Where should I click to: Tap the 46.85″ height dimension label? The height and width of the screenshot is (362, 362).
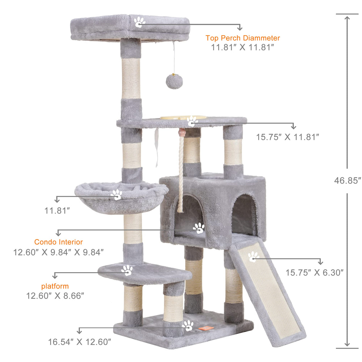(x=347, y=180)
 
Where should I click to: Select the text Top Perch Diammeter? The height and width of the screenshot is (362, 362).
(x=242, y=38)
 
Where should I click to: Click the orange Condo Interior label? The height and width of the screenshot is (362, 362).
(x=58, y=242)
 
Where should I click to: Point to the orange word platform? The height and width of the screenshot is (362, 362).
(x=55, y=286)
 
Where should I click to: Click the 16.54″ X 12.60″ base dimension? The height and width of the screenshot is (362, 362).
(x=80, y=342)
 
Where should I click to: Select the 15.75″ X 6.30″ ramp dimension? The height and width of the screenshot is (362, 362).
(x=315, y=273)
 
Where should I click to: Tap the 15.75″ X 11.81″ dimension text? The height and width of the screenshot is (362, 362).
(x=287, y=137)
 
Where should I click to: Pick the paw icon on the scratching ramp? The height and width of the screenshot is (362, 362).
(x=253, y=256)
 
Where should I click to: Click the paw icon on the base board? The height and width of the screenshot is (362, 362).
(x=188, y=326)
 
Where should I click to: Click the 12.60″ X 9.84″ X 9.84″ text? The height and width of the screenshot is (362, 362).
(x=58, y=252)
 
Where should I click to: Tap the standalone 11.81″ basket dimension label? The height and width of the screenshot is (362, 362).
(x=57, y=211)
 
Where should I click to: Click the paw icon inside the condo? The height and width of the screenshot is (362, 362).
(x=199, y=228)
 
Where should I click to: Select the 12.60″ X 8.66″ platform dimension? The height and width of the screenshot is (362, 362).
(x=55, y=296)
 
